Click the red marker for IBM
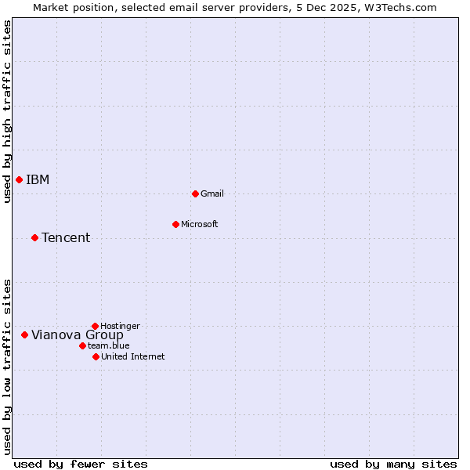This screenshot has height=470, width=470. pyautogui.click(x=19, y=180)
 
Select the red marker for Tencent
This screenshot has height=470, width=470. pyautogui.click(x=34, y=237)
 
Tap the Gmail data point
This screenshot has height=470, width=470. pyautogui.click(x=195, y=193)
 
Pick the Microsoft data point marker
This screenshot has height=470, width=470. pyautogui.click(x=175, y=224)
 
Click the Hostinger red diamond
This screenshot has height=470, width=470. pyautogui.click(x=95, y=326)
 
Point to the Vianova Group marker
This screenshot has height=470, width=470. pyautogui.click(x=24, y=334)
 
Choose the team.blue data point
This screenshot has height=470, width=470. pyautogui.click(x=82, y=345)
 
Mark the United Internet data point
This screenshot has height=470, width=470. pyautogui.click(x=96, y=356)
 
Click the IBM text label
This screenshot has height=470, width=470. pyautogui.click(x=38, y=180)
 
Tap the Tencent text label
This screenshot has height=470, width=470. pyautogui.click(x=66, y=238)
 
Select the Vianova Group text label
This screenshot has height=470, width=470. pyautogui.click(x=77, y=335)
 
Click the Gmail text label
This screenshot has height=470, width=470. pyautogui.click(x=212, y=194)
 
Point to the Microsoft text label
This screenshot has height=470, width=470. pyautogui.click(x=200, y=225)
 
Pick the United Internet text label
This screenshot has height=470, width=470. pyautogui.click(x=133, y=357)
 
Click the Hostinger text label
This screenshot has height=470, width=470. pyautogui.click(x=121, y=327)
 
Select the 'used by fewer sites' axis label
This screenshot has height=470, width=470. pyautogui.click(x=81, y=464)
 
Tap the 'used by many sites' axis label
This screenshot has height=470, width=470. pyautogui.click(x=393, y=464)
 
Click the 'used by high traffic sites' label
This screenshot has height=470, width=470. pyautogui.click(x=8, y=111)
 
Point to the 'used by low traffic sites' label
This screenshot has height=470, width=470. pyautogui.click(x=8, y=367)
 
